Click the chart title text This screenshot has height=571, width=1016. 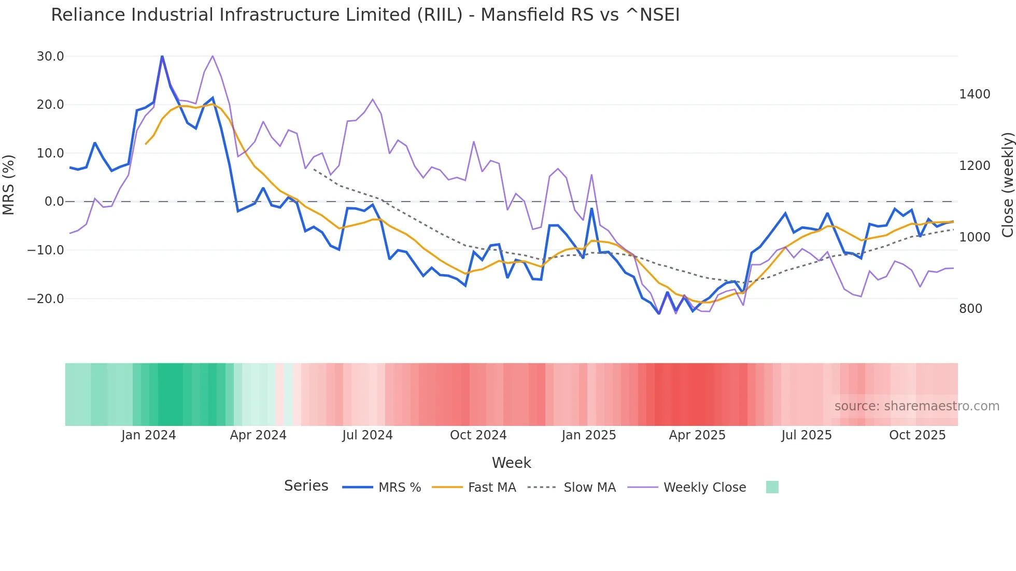coord(365,15)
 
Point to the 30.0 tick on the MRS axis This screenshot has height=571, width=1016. coord(50,56)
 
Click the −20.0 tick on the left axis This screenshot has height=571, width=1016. coord(46,299)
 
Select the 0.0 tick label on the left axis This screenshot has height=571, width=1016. coord(54,202)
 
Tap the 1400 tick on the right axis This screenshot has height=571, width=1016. coord(975,94)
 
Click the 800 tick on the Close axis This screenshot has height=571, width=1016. coord(970,309)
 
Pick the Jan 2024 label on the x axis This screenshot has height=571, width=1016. coord(149,435)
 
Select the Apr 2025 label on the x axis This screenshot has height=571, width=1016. coord(697,435)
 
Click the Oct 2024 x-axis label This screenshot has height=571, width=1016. coord(478,435)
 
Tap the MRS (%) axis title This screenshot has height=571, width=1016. coord(9,184)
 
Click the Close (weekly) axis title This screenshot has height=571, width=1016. coord(1007,184)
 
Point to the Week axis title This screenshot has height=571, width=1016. coord(511,463)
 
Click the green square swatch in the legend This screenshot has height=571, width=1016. coord(772,487)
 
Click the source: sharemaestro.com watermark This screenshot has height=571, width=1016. coord(916,406)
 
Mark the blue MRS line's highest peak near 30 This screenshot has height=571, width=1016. coord(162,56)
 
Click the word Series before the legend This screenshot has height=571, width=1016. coord(306,486)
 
